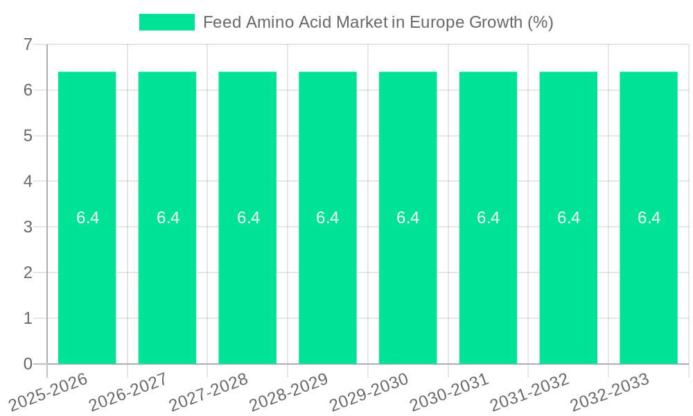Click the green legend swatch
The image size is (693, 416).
click(x=167, y=22)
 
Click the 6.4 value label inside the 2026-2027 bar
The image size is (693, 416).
click(x=168, y=218)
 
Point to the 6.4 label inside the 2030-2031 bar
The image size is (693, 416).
click(x=489, y=218)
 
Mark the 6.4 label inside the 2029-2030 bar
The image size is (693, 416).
click(x=408, y=218)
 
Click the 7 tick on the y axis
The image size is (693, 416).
click(x=28, y=45)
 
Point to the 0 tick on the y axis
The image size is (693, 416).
click(x=28, y=364)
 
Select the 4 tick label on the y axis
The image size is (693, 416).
click(x=28, y=182)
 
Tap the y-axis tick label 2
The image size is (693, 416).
click(x=28, y=272)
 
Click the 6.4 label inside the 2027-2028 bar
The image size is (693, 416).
click(x=248, y=218)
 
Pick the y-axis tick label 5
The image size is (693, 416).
click(x=28, y=136)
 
